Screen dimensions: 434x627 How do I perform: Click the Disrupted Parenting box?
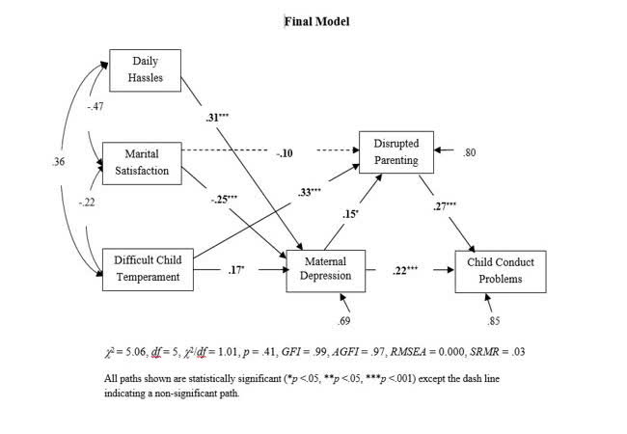[396, 152]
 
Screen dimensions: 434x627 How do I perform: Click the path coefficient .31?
[216, 118]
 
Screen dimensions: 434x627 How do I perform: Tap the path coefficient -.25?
[224, 201]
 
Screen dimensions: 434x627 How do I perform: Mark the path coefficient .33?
[309, 193]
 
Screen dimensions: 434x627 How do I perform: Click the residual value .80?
[470, 152]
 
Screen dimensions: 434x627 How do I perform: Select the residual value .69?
[342, 320]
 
